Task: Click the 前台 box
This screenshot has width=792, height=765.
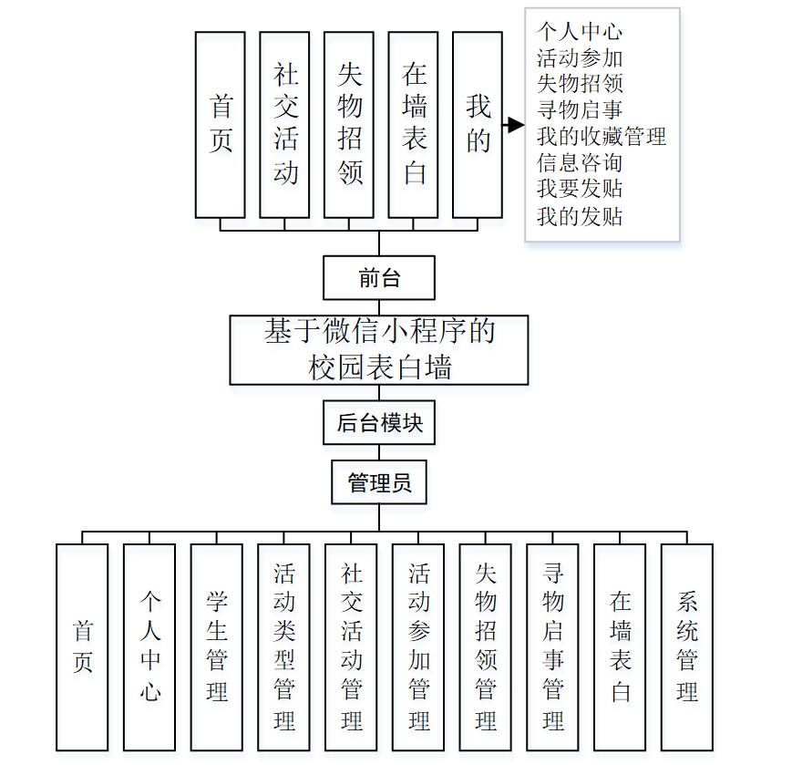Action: [378, 278]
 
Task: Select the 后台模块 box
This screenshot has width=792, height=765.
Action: [379, 423]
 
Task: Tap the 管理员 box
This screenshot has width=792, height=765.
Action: [379, 482]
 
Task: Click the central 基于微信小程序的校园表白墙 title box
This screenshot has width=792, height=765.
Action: [379, 349]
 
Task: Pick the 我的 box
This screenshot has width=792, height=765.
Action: [477, 125]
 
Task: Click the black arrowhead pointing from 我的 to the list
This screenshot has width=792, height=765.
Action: [516, 125]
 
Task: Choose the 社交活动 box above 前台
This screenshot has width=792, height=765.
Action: [284, 125]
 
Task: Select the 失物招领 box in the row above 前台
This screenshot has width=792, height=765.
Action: [349, 125]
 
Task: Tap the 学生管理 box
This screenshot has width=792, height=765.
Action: [217, 646]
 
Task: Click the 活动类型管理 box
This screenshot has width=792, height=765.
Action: [283, 646]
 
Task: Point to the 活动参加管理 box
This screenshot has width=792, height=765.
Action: [418, 646]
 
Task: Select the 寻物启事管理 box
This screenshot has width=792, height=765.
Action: [553, 646]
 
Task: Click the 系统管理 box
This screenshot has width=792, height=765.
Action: [687, 646]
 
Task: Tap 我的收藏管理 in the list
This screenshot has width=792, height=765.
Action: [602, 137]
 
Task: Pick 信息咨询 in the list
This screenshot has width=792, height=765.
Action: [580, 163]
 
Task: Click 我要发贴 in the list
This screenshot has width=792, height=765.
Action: [580, 190]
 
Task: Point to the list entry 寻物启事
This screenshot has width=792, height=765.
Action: [580, 110]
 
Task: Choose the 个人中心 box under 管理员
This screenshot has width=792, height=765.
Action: [149, 646]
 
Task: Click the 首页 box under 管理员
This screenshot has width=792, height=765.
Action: [82, 646]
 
